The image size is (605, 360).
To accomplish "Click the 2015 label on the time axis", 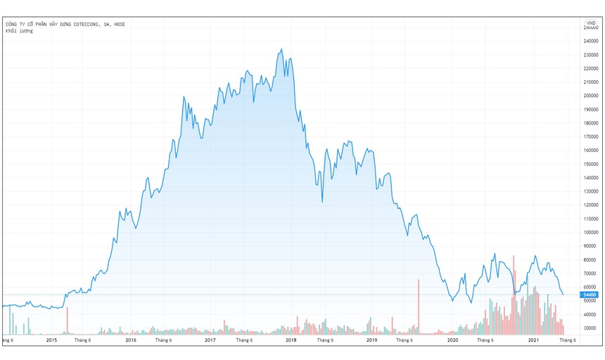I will tap(51, 340).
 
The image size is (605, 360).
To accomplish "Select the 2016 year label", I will tap(131, 340).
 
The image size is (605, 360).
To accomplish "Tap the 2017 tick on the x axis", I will tap(210, 340).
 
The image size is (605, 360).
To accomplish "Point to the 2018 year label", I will tap(291, 340).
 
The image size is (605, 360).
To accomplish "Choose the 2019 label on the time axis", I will tap(372, 340).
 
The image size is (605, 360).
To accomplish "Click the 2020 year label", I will tap(453, 340).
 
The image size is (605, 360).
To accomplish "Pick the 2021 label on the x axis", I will tap(534, 340).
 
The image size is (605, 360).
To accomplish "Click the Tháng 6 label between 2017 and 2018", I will tap(245, 340).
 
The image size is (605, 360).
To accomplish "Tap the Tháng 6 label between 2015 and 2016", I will tap(83, 340).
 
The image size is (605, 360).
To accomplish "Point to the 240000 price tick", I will tap(590, 41).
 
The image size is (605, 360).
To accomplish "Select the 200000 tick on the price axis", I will tap(590, 96).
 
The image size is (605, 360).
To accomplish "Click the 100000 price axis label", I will tap(590, 232).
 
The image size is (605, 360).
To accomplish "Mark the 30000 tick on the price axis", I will tap(590, 328).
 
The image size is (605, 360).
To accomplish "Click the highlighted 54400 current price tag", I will tap(590, 295).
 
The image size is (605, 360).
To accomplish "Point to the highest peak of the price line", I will tap(281, 49).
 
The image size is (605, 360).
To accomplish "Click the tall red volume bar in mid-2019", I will tap(419, 307).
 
